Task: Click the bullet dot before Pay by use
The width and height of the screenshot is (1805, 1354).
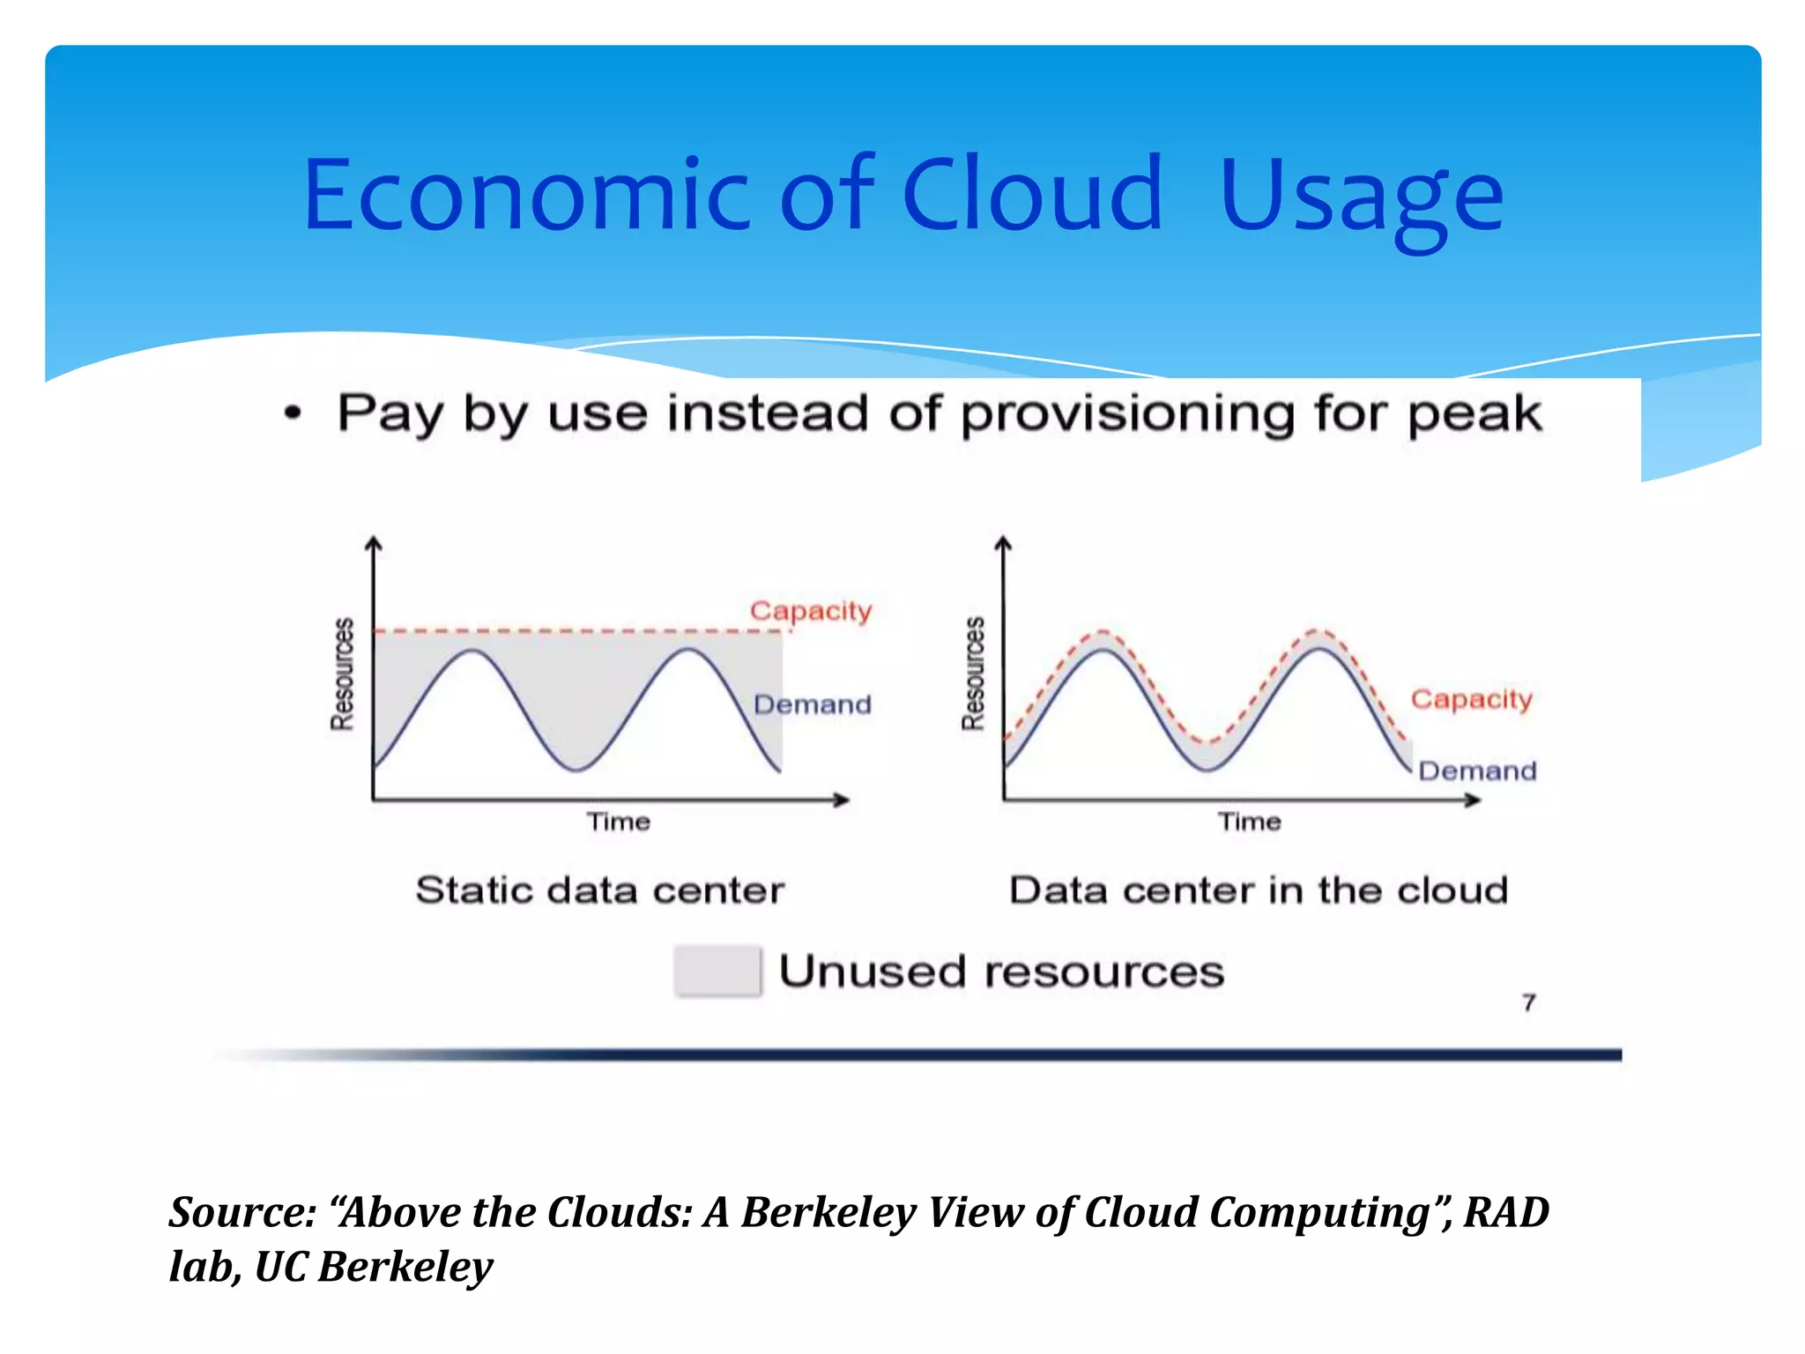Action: point(293,413)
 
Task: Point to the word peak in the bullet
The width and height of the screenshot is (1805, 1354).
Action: point(1474,414)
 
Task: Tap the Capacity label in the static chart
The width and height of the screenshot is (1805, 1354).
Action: point(810,611)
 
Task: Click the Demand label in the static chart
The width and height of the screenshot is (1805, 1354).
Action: point(812,704)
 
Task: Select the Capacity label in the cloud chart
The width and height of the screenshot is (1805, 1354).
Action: point(1471,699)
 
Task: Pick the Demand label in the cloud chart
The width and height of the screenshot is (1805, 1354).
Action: point(1477,771)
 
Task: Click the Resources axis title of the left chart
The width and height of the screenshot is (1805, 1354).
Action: point(342,674)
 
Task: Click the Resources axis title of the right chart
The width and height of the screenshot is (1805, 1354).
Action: point(973,674)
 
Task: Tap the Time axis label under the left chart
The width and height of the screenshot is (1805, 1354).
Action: point(619,822)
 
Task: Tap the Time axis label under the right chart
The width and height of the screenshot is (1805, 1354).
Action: point(1249,822)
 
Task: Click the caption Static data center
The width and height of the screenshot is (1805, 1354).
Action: point(599,890)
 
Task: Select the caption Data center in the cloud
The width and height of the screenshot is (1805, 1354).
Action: point(1258,890)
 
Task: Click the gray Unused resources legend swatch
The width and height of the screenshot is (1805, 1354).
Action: point(717,971)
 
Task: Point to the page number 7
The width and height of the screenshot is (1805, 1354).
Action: point(1528,1002)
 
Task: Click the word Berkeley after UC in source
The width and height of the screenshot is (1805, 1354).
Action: point(405,1268)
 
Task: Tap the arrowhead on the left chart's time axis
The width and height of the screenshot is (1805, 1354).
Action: point(843,800)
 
